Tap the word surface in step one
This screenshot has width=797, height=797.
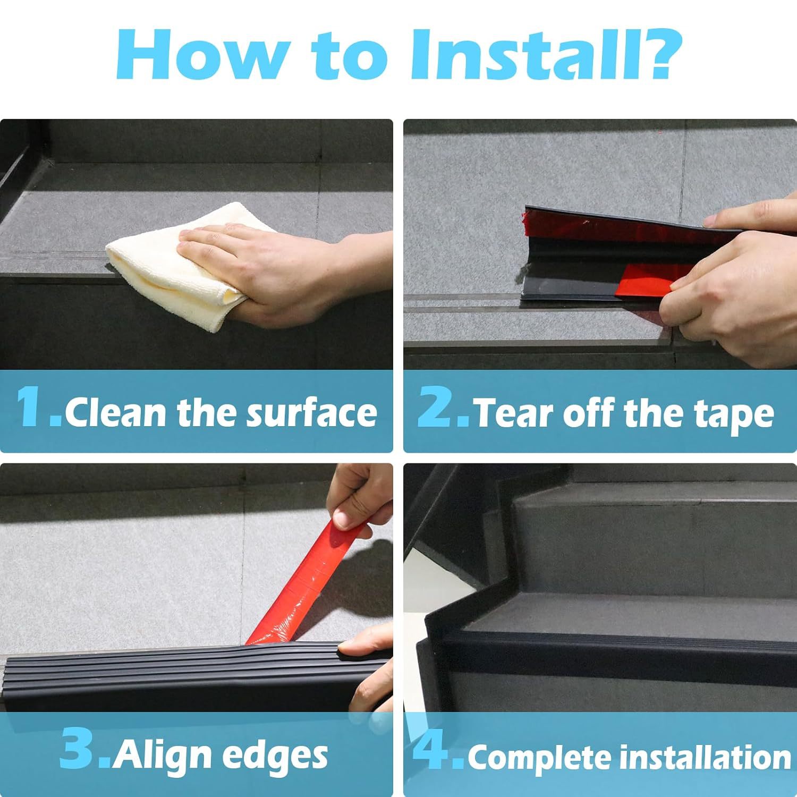pyautogui.click(x=311, y=413)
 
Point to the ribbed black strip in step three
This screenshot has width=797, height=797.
pyautogui.click(x=159, y=675)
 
